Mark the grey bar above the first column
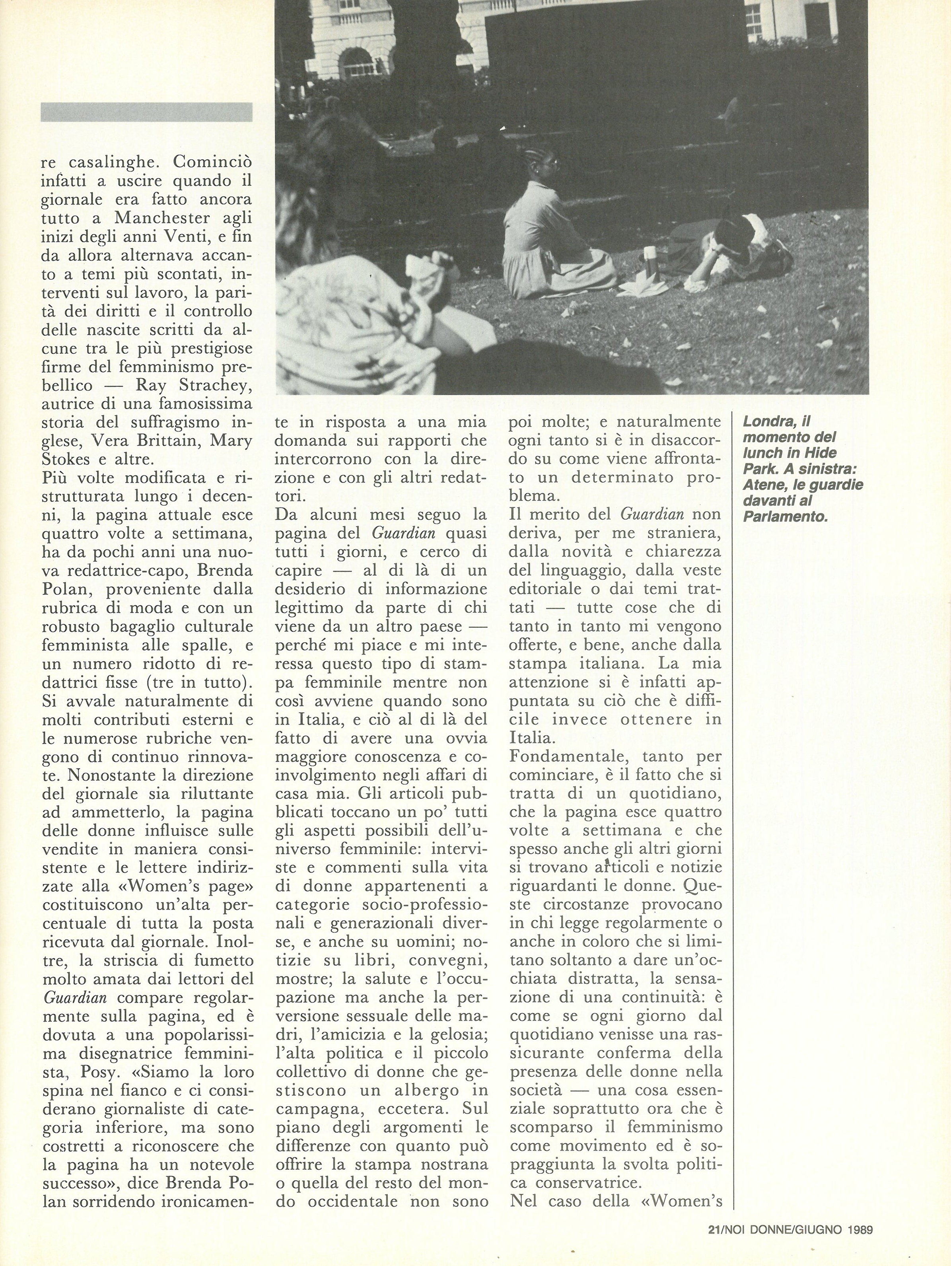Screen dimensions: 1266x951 click(x=146, y=112)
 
